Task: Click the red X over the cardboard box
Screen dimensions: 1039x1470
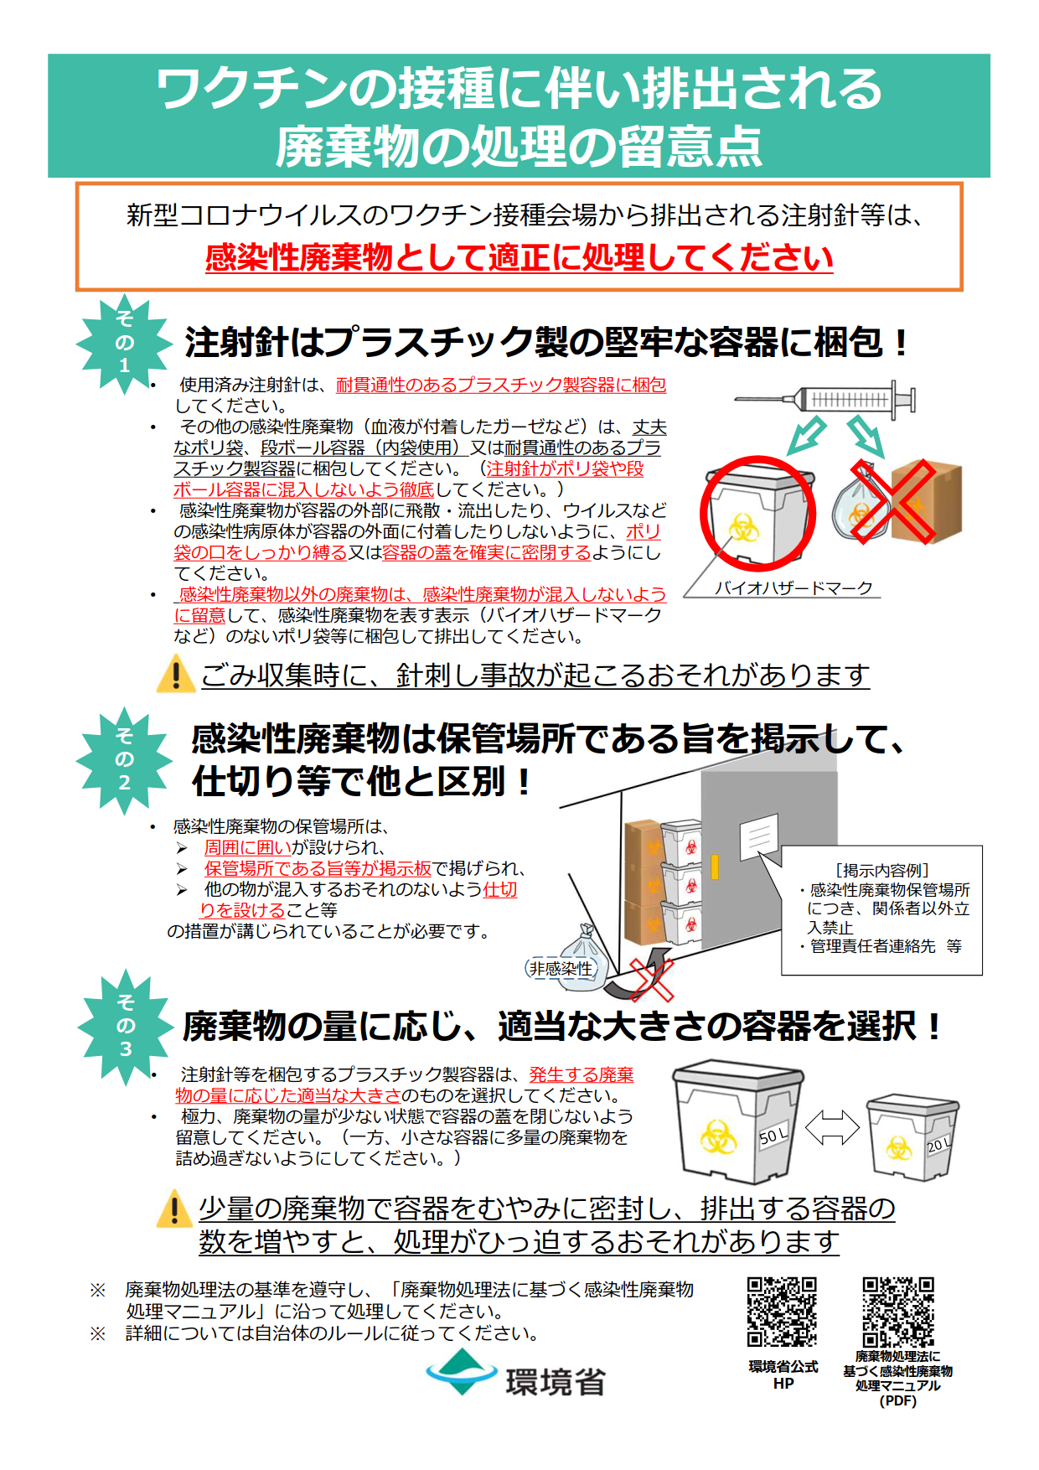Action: [x=892, y=500]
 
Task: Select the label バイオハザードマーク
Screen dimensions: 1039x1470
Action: [x=793, y=587]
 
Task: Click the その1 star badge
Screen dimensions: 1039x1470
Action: [x=123, y=343]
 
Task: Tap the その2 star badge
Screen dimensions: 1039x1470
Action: [x=124, y=760]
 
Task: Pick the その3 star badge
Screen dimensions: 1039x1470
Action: [x=125, y=1026]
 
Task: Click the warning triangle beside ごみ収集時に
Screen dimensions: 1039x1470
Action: [x=175, y=675]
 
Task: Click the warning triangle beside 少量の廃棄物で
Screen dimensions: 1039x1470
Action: [x=174, y=1209]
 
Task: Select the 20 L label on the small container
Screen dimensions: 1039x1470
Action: [x=938, y=1145]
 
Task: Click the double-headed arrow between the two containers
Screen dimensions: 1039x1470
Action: [x=831, y=1128]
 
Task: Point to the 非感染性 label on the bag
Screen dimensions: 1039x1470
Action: [x=561, y=969]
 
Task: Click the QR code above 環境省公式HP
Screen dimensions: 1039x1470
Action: [x=782, y=1312]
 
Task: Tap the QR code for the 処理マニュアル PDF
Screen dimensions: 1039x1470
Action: [x=898, y=1312]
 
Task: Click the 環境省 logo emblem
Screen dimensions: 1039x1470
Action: [x=462, y=1372]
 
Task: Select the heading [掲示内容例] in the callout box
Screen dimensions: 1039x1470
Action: [x=882, y=871]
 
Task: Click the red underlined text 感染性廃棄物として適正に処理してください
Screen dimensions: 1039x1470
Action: [x=519, y=257]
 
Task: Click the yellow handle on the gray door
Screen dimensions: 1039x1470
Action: [x=715, y=867]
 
